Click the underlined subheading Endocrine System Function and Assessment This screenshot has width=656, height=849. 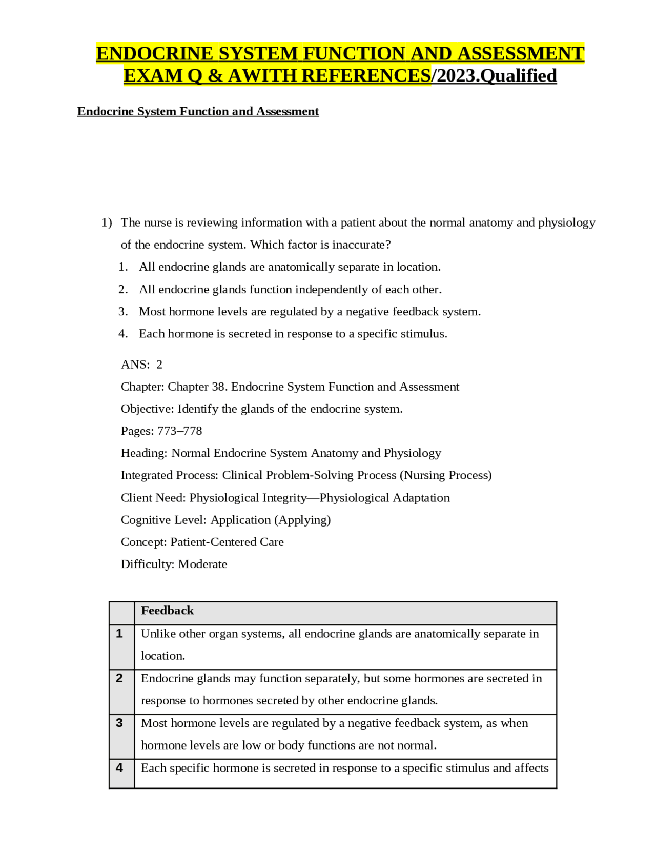click(198, 112)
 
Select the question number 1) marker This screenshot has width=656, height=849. click(107, 223)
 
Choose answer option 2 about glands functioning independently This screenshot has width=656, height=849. click(290, 290)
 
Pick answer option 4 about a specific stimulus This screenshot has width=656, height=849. click(293, 334)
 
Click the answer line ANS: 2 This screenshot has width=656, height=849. click(141, 365)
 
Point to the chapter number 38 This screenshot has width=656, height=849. click(218, 387)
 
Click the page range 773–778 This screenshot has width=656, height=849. click(180, 431)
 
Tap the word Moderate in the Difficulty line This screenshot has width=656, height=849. click(202, 564)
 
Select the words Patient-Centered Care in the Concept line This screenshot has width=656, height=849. click(227, 542)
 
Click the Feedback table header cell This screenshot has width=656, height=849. click(168, 611)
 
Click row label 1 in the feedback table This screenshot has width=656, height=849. click(119, 634)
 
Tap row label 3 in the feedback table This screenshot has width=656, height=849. click(119, 723)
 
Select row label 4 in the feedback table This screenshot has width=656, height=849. click(119, 768)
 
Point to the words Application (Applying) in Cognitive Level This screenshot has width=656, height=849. click(271, 520)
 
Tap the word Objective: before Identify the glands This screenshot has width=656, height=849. click(148, 409)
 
